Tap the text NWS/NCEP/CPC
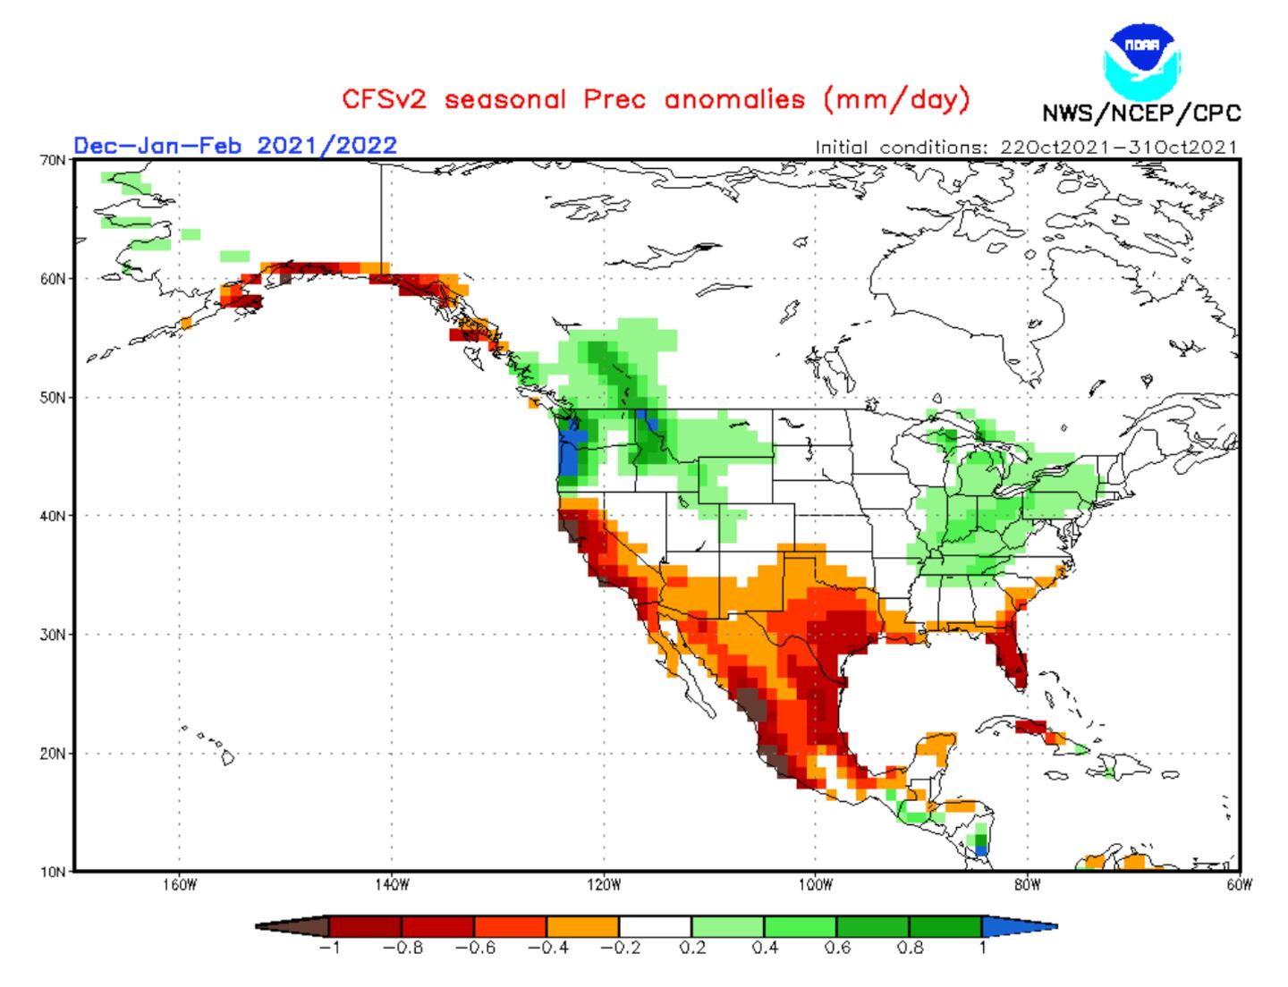[x=1141, y=114]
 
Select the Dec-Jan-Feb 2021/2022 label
[x=235, y=145]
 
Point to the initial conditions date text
[x=1026, y=148]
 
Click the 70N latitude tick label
[x=55, y=160]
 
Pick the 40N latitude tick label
[x=55, y=516]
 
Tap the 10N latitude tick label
[x=55, y=872]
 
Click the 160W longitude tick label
[x=179, y=886]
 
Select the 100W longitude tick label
[x=816, y=886]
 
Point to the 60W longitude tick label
[x=1240, y=886]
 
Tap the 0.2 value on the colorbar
[x=692, y=949]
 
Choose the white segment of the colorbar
[x=655, y=926]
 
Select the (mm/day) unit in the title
[x=896, y=98]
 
